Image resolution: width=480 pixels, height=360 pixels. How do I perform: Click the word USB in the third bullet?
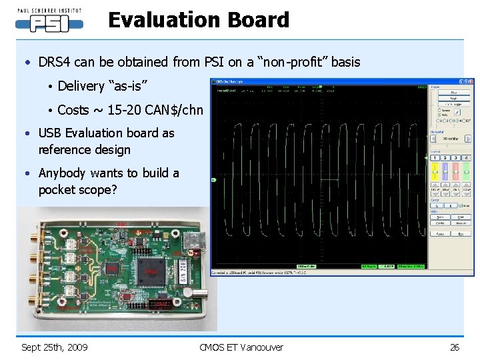[x=50, y=133]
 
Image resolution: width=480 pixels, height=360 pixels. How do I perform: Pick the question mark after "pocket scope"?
[x=113, y=190]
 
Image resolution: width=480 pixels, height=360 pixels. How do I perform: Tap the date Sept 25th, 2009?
[x=54, y=347]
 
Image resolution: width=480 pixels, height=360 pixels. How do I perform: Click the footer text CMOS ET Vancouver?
[x=241, y=347]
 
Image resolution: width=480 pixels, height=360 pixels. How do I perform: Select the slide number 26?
[x=455, y=347]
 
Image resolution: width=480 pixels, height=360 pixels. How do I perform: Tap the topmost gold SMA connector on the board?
[x=32, y=235]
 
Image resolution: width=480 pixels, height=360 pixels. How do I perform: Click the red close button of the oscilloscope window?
[x=471, y=82]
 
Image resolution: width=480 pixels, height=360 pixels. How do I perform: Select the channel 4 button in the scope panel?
[x=467, y=157]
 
